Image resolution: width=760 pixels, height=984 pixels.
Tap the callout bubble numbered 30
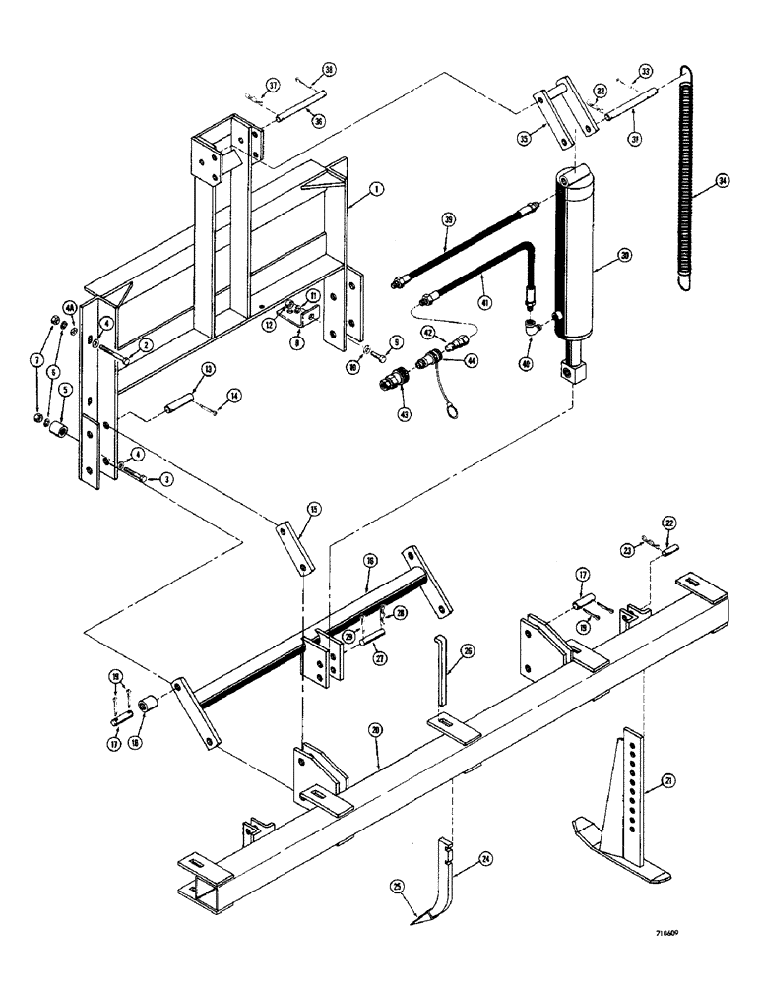(x=621, y=254)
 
